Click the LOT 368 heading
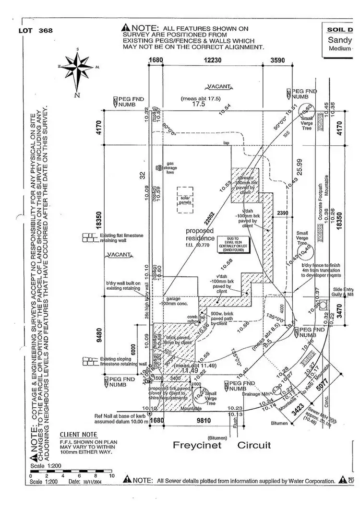[x=36, y=31]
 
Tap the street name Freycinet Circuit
[x=222, y=445]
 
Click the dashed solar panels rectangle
[x=185, y=197]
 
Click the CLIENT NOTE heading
[x=76, y=433]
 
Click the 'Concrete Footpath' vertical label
[x=320, y=217]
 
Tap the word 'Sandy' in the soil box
[x=342, y=41]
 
